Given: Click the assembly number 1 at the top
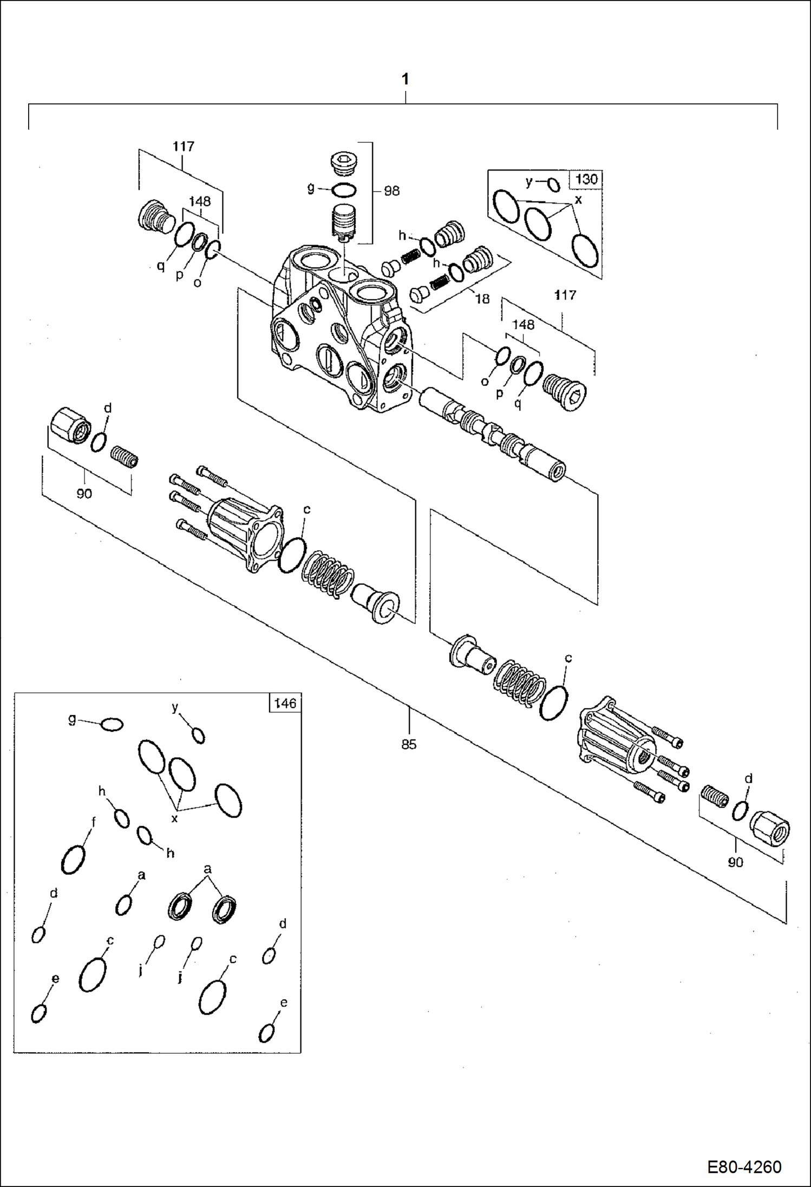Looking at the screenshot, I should pyautogui.click(x=405, y=80).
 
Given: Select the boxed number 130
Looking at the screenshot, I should pyautogui.click(x=586, y=179).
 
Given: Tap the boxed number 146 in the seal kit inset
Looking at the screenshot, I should pyautogui.click(x=285, y=703).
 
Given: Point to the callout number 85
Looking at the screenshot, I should pyautogui.click(x=409, y=744).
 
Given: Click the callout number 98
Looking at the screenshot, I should pyautogui.click(x=391, y=191).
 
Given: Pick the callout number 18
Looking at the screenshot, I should pyautogui.click(x=482, y=299).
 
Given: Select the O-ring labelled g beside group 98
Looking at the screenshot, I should pyautogui.click(x=343, y=191).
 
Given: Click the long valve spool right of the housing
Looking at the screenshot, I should pyautogui.click(x=493, y=433).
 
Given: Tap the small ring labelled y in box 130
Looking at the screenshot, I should pyautogui.click(x=553, y=185).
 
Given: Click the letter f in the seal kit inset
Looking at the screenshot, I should pyautogui.click(x=93, y=822).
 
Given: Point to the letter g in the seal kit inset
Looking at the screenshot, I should pyautogui.click(x=72, y=720).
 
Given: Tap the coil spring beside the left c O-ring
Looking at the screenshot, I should pyautogui.click(x=328, y=574).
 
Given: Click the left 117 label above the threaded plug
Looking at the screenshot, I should pyautogui.click(x=184, y=147).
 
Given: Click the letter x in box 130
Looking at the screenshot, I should pyautogui.click(x=578, y=200).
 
